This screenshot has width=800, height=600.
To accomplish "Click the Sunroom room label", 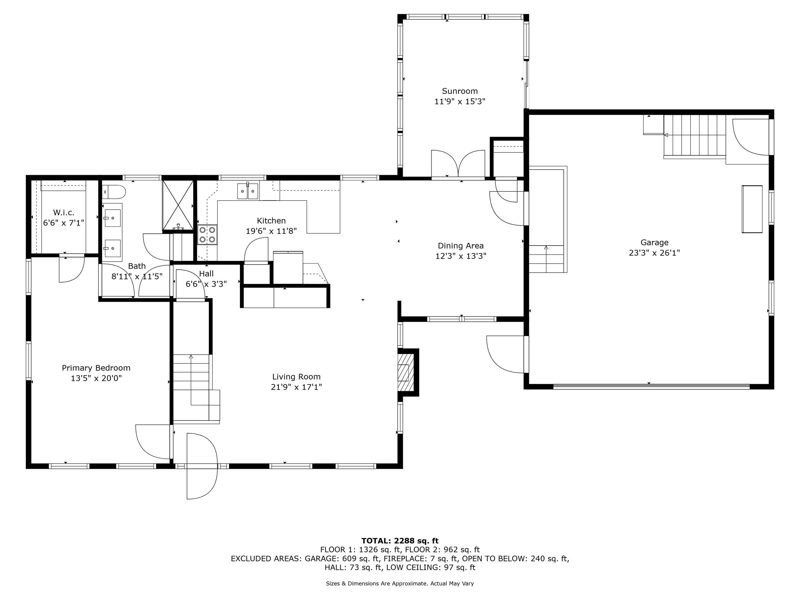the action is (x=460, y=91).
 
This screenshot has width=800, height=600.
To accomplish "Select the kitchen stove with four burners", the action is (x=207, y=235).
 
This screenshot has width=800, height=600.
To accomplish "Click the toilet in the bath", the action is (x=113, y=192).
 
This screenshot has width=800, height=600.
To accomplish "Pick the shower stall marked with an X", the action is (x=178, y=205).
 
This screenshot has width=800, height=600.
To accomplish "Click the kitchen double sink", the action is (x=248, y=191).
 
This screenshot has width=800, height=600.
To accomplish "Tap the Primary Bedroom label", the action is (x=96, y=368).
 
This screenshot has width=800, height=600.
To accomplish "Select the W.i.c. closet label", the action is (x=64, y=213).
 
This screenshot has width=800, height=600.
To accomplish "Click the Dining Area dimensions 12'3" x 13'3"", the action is (x=460, y=256).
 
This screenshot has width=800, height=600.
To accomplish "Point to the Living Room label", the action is (x=296, y=377).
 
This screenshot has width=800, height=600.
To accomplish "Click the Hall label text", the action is (x=207, y=274).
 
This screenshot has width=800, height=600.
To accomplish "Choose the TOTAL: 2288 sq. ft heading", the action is (x=400, y=541).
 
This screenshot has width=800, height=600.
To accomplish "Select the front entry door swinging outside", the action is (x=202, y=466).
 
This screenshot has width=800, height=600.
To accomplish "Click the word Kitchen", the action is (x=271, y=221).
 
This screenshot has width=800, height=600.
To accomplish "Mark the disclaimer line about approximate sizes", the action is (x=400, y=583).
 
